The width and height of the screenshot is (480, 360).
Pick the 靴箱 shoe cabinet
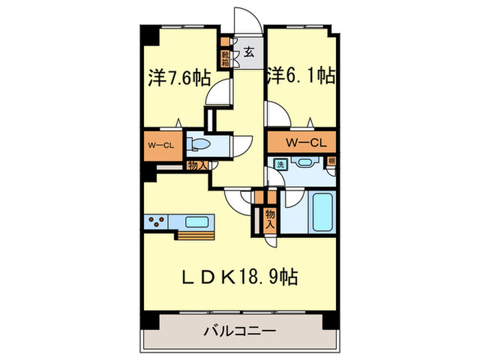(x=225, y=57)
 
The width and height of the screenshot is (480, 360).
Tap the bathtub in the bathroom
(x=320, y=213)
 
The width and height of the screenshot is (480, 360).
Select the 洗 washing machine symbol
(x=280, y=164)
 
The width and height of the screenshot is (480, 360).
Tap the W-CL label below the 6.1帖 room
(x=301, y=143)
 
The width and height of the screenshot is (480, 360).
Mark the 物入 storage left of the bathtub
(x=269, y=219)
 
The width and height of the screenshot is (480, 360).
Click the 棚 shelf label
(x=331, y=163)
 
